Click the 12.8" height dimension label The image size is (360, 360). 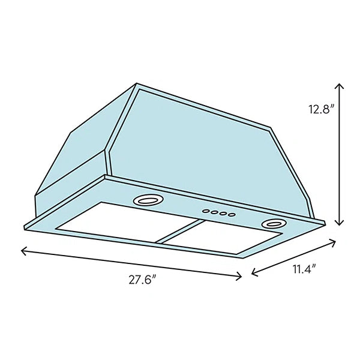pos(320,109)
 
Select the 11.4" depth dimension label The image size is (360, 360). pos(304,269)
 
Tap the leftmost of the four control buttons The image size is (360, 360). pos(206,211)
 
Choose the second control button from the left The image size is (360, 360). pos(214,212)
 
